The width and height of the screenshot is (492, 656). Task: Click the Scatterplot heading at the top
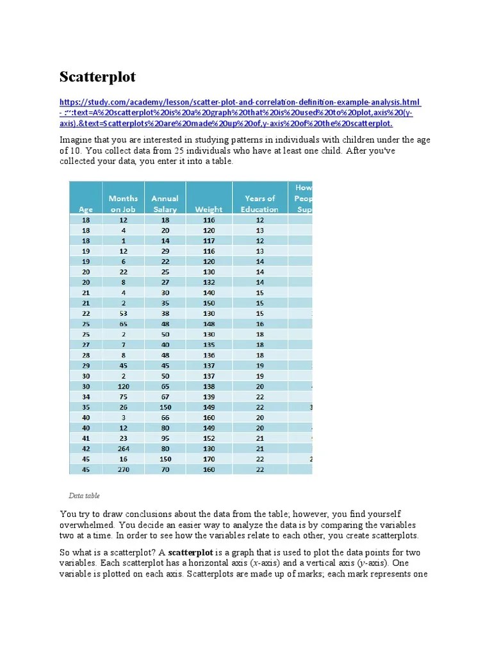98,78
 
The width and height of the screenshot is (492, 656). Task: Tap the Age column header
85,209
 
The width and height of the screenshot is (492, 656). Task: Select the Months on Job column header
123,203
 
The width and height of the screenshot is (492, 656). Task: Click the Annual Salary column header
165,203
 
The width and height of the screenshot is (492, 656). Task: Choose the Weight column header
209,209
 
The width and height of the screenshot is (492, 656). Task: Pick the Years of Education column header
259,203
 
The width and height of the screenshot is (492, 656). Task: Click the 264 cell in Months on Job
123,448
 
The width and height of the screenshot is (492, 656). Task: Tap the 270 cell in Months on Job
123,469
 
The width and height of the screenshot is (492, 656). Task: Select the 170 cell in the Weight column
209,459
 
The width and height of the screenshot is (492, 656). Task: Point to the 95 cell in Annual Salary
165,438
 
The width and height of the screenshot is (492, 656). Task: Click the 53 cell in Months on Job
123,313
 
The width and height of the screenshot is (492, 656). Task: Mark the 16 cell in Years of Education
259,324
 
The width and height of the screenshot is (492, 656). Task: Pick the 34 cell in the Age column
85,397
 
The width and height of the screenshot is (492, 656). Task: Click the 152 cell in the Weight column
209,438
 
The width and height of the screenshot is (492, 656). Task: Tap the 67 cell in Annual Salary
165,397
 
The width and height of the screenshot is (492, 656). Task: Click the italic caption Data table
84,496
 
